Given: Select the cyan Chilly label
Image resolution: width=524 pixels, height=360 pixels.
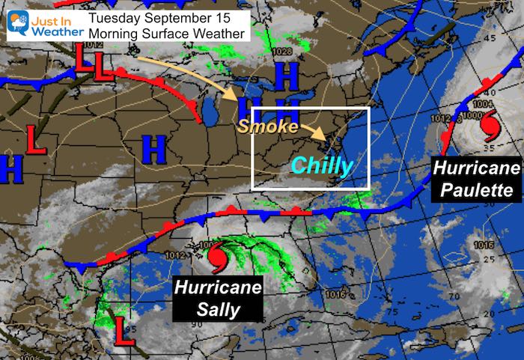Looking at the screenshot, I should (x=321, y=165).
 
